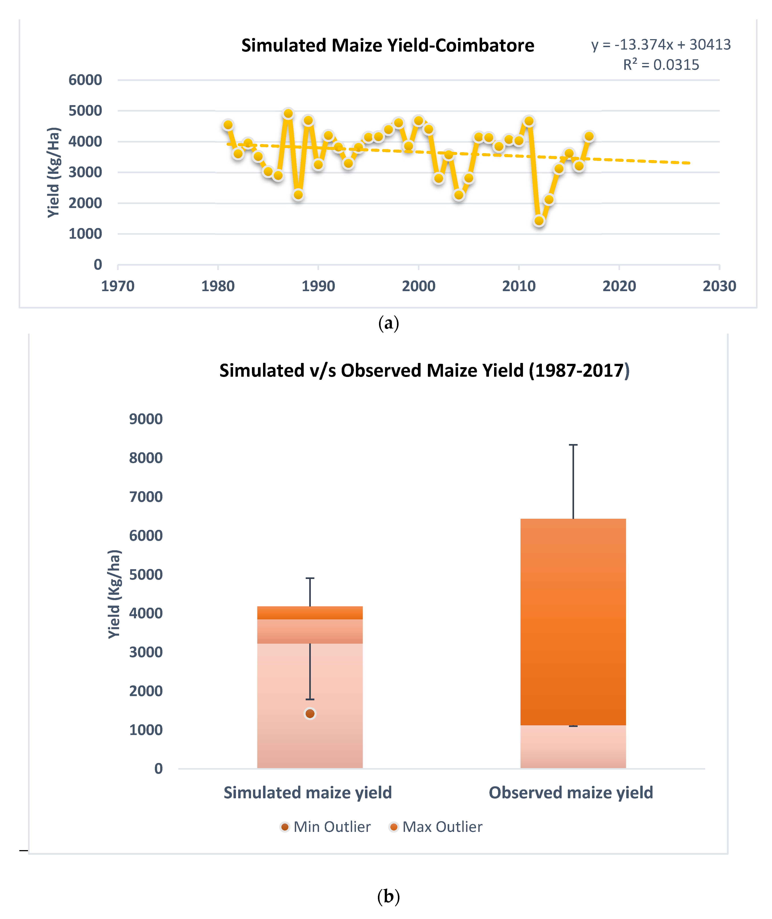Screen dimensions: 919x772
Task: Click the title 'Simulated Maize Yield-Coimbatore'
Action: click(388, 46)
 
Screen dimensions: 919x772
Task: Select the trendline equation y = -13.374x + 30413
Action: click(661, 45)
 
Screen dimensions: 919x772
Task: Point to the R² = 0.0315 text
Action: click(661, 65)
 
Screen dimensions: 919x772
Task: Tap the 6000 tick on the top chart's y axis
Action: click(85, 80)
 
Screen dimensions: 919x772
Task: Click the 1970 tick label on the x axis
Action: click(118, 286)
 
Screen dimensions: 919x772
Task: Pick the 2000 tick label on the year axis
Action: click(418, 286)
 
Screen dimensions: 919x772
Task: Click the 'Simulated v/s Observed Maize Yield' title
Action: click(424, 370)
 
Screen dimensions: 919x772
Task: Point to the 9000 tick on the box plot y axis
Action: click(146, 419)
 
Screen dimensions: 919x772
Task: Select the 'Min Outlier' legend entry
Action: click(326, 827)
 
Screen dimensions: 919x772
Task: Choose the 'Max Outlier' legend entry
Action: click(436, 827)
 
